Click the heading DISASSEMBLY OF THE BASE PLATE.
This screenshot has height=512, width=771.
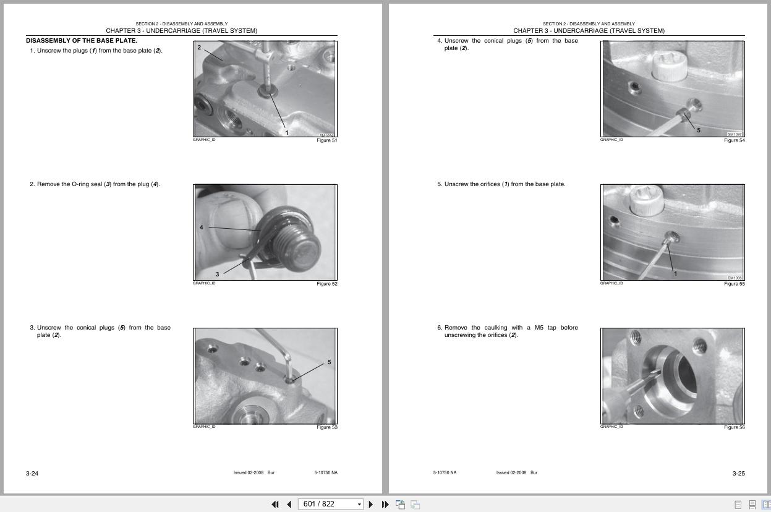82,41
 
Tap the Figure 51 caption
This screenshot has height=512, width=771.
326,140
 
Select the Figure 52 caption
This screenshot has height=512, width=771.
326,284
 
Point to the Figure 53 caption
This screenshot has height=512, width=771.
326,427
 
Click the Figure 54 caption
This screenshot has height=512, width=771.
734,140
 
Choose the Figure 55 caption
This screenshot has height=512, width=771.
734,284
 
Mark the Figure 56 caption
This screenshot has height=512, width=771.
734,427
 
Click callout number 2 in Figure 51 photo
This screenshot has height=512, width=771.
199,48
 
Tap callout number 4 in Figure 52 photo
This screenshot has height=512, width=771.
201,228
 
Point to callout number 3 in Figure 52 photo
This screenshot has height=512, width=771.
217,274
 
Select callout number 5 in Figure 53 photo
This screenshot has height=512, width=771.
329,362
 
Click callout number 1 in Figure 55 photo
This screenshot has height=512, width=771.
675,273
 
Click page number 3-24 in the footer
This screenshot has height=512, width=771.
32,474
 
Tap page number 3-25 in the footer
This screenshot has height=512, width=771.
738,474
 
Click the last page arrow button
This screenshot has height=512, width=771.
385,504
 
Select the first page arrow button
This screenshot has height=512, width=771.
275,504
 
